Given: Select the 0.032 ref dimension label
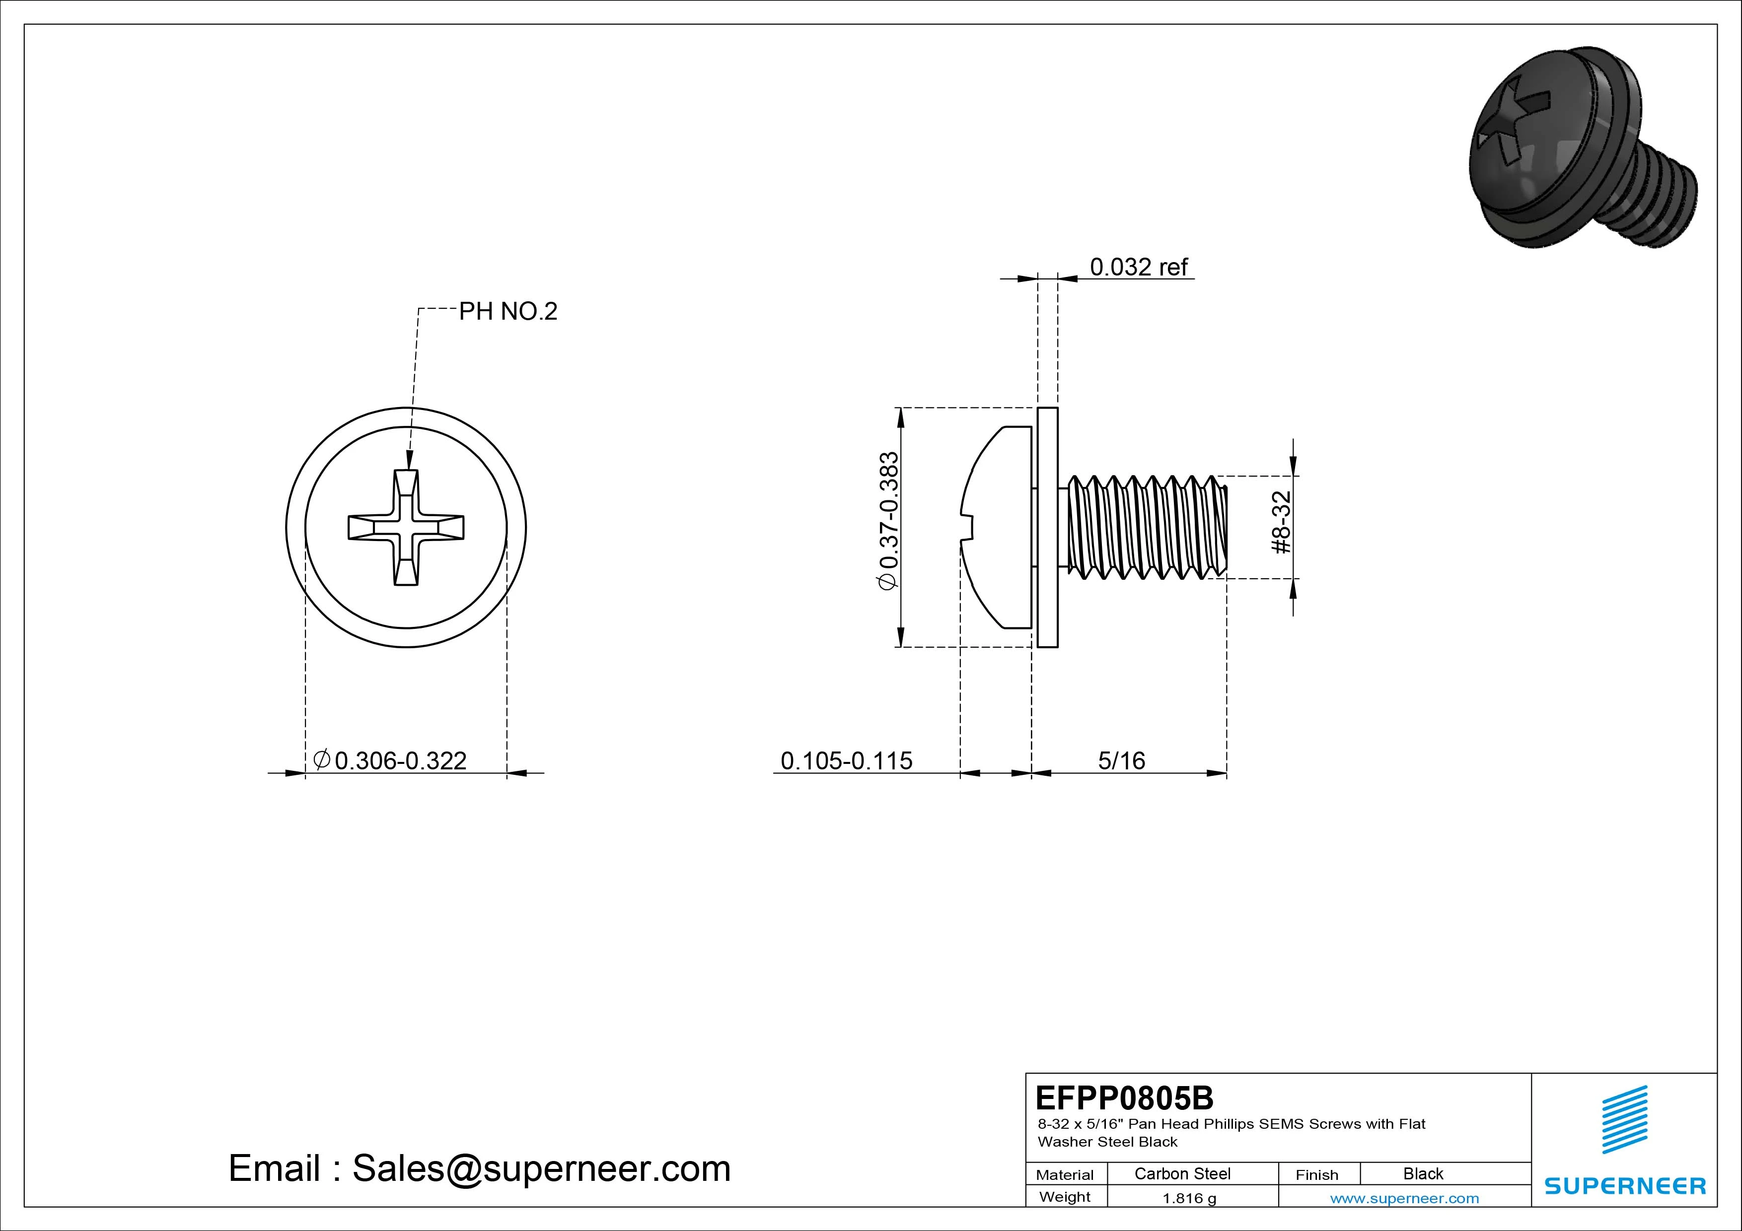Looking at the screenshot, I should click(x=1138, y=267).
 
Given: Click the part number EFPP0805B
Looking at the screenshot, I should click(x=1124, y=1097).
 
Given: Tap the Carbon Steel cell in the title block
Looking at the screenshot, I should click(x=1182, y=1173).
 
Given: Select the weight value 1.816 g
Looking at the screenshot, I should click(x=1189, y=1198).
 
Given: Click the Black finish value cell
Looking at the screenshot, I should click(x=1423, y=1173).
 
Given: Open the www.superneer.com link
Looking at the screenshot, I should click(x=1404, y=1198).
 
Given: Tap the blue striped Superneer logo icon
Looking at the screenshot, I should click(x=1624, y=1119).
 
